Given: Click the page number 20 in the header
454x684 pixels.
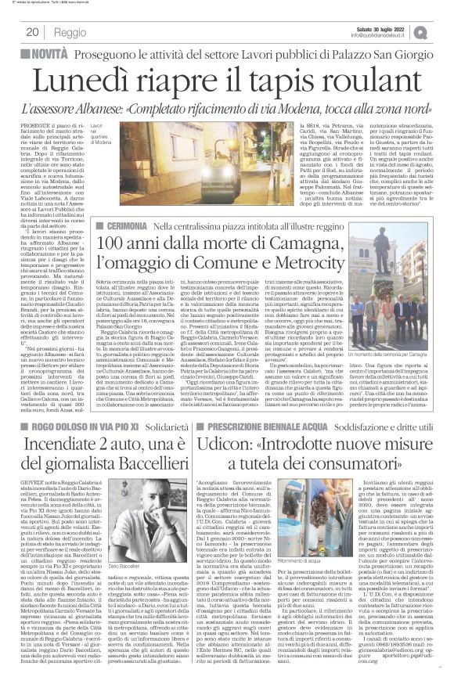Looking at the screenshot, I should coord(32,32).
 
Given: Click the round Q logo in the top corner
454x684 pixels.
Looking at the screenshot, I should coord(441,31).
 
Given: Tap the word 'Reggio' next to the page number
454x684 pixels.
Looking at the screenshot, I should coord(70,32).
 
